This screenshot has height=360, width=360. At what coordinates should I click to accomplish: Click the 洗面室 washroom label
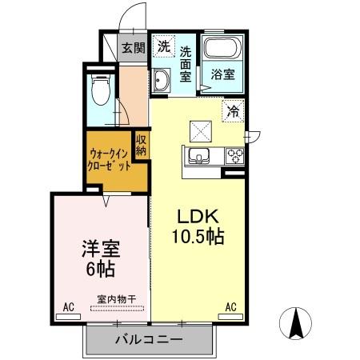[186, 64]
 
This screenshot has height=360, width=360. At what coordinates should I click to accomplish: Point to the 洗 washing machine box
[163, 46]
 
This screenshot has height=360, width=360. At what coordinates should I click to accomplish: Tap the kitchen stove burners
[235, 154]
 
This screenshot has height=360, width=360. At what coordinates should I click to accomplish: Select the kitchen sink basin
[198, 154]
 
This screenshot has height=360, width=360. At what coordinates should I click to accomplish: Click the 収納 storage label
[142, 145]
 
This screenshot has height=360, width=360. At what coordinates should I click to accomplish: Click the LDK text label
[198, 216]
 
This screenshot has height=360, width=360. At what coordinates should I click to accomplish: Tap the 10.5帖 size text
[197, 237]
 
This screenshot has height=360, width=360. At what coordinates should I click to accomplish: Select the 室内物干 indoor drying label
[115, 300]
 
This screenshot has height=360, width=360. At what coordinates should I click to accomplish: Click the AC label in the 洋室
[69, 306]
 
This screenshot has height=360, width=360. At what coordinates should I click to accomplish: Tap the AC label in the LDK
[231, 306]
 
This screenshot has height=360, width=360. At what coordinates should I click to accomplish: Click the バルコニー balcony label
[148, 340]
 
